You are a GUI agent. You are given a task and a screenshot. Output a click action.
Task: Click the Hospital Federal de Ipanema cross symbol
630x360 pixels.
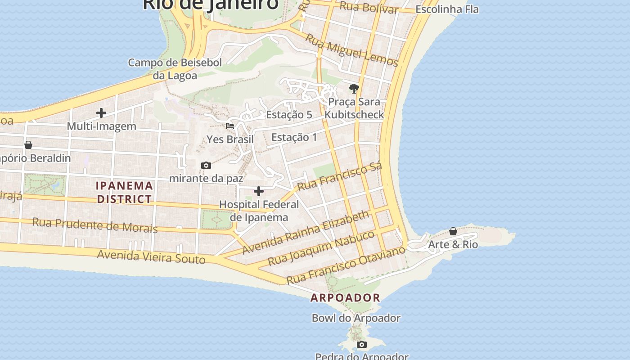click(x=259, y=192)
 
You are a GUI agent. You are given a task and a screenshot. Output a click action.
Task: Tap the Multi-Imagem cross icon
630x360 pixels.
click(x=101, y=113)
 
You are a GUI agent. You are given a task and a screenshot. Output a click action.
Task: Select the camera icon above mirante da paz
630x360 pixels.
click(x=206, y=166)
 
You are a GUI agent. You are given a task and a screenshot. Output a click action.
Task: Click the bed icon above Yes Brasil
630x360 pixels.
click(x=230, y=126)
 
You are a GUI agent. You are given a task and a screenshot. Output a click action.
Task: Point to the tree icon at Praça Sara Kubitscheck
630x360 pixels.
click(x=354, y=88)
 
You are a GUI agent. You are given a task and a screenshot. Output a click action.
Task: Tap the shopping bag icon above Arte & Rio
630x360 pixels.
click(x=453, y=231)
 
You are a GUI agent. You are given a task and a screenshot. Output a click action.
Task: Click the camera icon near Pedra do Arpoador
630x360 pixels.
click(x=361, y=345)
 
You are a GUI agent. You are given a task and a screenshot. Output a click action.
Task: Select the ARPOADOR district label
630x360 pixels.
click(x=346, y=297)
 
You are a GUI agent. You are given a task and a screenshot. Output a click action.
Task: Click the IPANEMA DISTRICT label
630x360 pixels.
click(x=125, y=192)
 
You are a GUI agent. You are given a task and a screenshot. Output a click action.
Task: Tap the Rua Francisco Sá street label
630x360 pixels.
click(x=340, y=176)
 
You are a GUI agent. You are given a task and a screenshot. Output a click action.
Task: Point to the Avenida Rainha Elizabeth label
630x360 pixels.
click(x=306, y=232)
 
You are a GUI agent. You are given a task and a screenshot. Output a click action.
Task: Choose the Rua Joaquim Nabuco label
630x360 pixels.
click(x=321, y=248)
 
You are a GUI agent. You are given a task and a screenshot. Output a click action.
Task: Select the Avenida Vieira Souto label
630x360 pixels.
click(x=151, y=257)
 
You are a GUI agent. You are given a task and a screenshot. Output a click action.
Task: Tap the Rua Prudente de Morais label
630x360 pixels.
click(x=95, y=225)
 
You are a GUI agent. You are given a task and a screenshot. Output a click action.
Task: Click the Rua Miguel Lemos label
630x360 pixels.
click(x=352, y=50)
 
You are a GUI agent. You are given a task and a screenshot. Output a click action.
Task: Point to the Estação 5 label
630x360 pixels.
click(x=289, y=115)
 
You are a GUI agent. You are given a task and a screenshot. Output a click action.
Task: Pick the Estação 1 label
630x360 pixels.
click(x=294, y=137)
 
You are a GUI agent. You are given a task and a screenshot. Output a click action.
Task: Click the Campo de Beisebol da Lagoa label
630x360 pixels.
click(x=175, y=69)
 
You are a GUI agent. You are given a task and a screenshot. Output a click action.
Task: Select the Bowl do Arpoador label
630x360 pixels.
click(x=356, y=318)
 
